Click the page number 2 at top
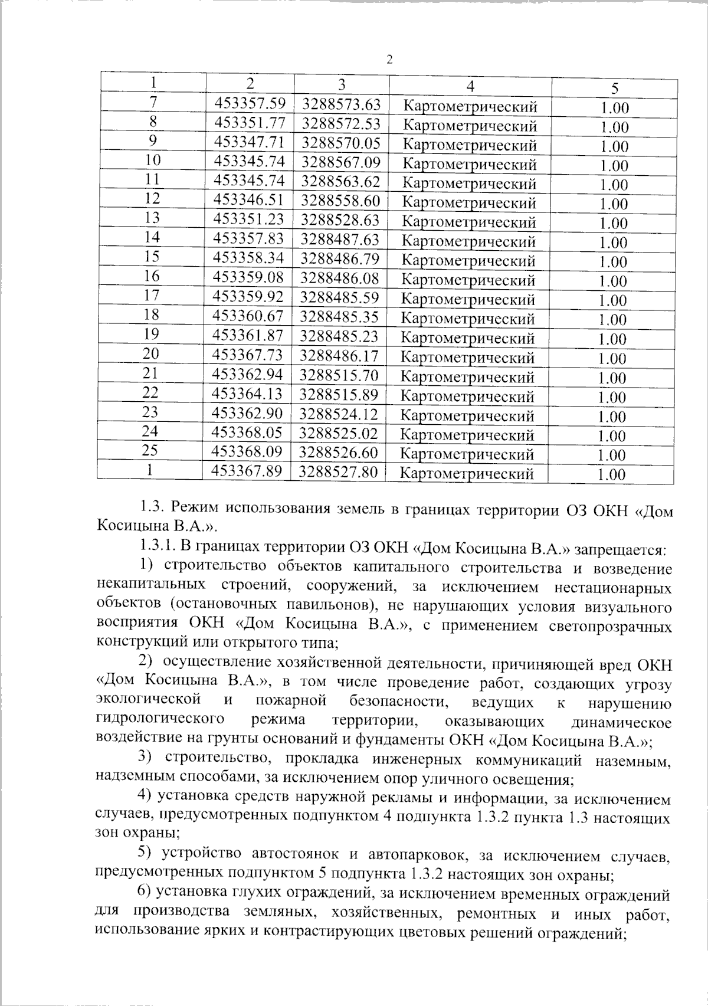point(389,59)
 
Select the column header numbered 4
point(470,86)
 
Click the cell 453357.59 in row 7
point(250,103)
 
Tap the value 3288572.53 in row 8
point(342,123)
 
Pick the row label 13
point(152,218)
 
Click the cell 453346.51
point(249,201)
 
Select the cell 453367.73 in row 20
point(248,355)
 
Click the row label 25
point(150,451)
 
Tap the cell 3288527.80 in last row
point(339,471)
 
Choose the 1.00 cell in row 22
point(612,398)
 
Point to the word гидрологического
point(159,719)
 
